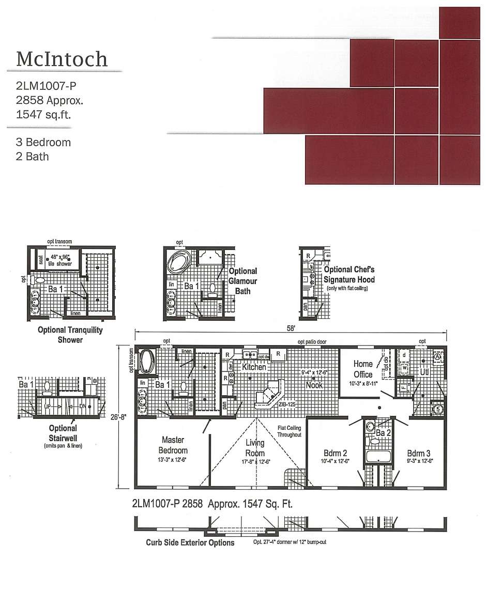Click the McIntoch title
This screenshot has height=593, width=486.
[x=62, y=59]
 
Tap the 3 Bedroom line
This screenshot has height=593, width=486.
[x=43, y=142]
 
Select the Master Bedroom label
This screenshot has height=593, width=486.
[x=173, y=445]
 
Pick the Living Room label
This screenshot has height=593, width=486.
[x=255, y=447]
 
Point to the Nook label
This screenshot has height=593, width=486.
[x=314, y=385]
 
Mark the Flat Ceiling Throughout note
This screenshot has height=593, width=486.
[x=289, y=431]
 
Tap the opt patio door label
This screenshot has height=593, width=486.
[x=312, y=341]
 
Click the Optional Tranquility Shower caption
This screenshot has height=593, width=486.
[x=70, y=334]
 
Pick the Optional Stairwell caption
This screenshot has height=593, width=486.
[x=63, y=432]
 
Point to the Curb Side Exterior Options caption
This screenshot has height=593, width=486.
[x=190, y=542]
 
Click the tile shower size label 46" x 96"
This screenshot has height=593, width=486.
[x=60, y=260]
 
